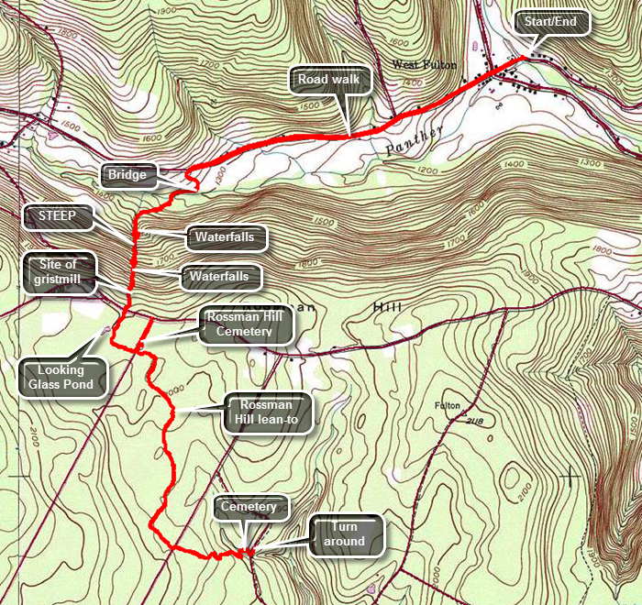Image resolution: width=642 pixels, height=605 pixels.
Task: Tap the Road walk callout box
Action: [x=332, y=80]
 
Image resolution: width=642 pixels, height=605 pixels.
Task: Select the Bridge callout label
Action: [x=127, y=173]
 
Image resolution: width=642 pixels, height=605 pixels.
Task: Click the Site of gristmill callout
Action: [x=57, y=273]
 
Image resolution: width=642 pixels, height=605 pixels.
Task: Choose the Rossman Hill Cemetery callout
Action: [x=245, y=324]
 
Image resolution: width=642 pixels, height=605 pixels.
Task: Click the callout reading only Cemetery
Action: [x=250, y=507]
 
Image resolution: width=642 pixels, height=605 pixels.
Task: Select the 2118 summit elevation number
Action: [x=475, y=421]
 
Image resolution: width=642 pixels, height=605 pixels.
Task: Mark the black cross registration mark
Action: [x=571, y=475]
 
